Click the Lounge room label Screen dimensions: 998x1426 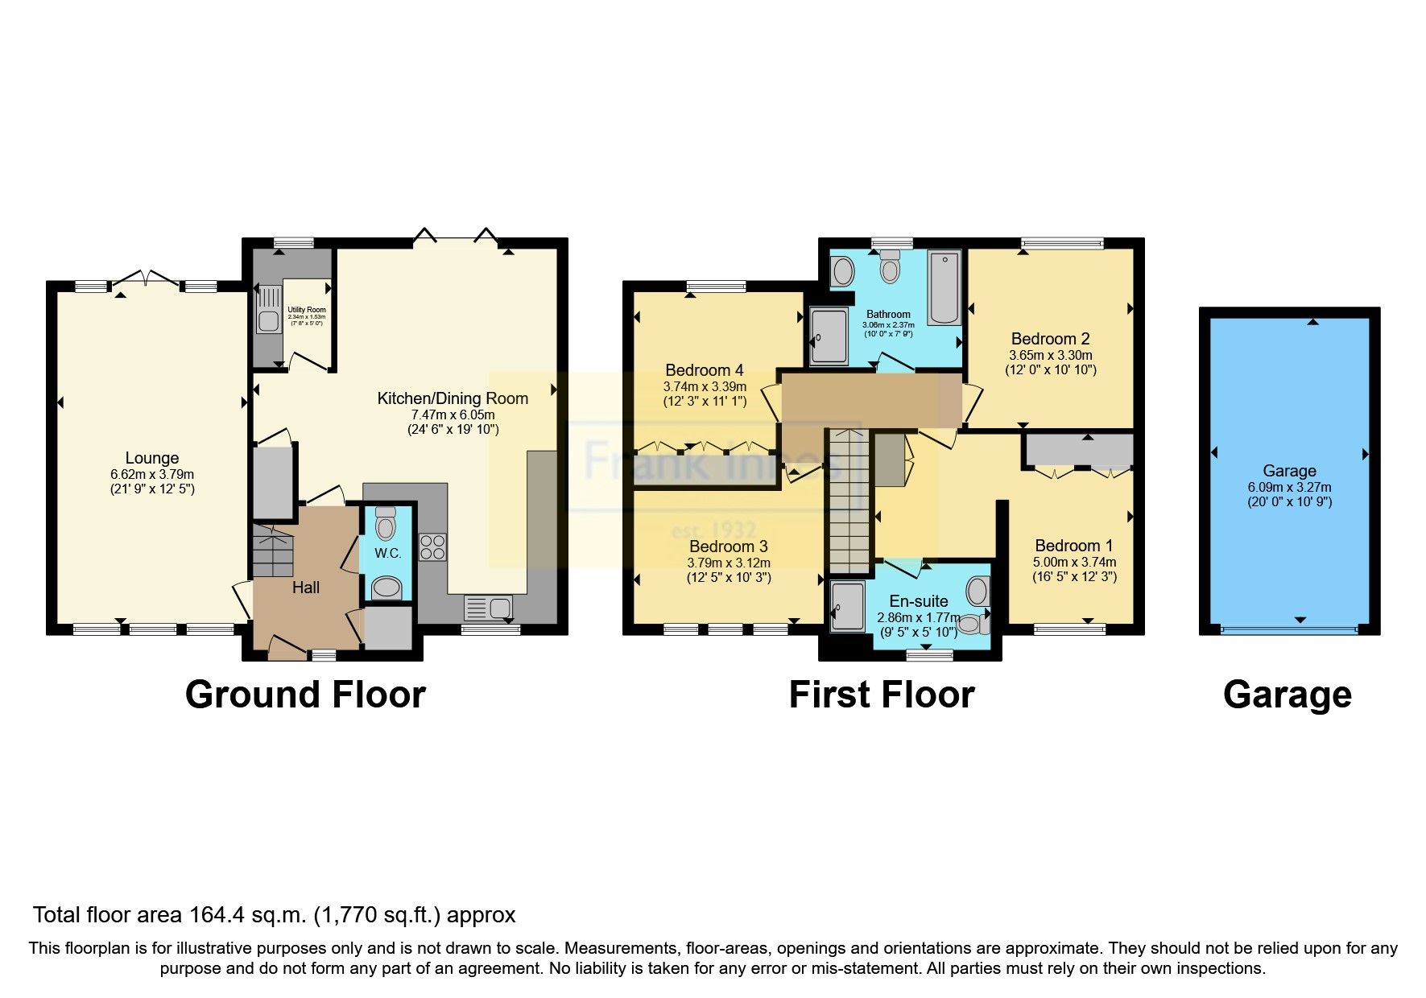pos(152,458)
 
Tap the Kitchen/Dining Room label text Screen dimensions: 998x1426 pos(453,398)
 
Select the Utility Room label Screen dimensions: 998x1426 pos(307,310)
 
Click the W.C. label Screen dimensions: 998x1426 pos(387,553)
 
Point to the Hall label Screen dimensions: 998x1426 pos(306,588)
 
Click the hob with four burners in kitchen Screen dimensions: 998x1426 pos(432,547)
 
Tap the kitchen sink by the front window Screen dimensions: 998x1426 pos(489,608)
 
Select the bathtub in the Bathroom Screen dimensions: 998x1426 pos(944,287)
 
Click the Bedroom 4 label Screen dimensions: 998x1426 pos(705,370)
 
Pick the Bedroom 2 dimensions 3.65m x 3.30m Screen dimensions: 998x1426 pos(1051,355)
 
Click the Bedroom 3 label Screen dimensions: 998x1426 pos(728,546)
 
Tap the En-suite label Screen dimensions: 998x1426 pos(918,601)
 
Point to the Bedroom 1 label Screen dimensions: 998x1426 pos(1074,546)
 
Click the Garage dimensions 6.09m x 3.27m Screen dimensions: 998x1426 pos(1289,487)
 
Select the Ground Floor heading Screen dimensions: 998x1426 pos(305,695)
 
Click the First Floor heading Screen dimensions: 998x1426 pos(882,695)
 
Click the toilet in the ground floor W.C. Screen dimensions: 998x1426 pos(386,525)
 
